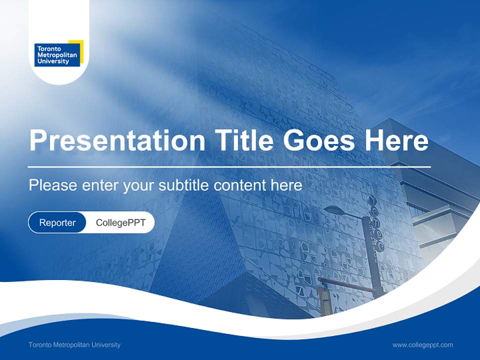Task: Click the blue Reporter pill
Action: pos(57,222)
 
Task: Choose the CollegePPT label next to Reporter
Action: pos(120,222)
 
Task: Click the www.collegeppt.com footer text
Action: pos(422,345)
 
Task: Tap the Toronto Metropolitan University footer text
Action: pos(74,345)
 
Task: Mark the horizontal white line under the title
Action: pos(229,166)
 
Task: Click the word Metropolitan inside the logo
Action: pos(57,55)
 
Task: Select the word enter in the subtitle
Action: pos(100,185)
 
